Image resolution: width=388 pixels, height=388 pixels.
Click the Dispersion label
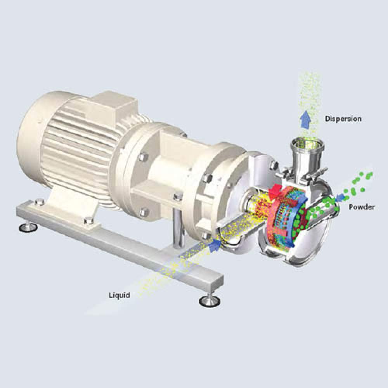(x=343, y=119)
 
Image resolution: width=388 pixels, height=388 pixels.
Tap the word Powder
(x=362, y=207)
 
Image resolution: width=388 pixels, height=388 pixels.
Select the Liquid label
(x=120, y=295)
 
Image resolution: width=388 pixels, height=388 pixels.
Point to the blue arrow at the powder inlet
(x=341, y=197)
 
